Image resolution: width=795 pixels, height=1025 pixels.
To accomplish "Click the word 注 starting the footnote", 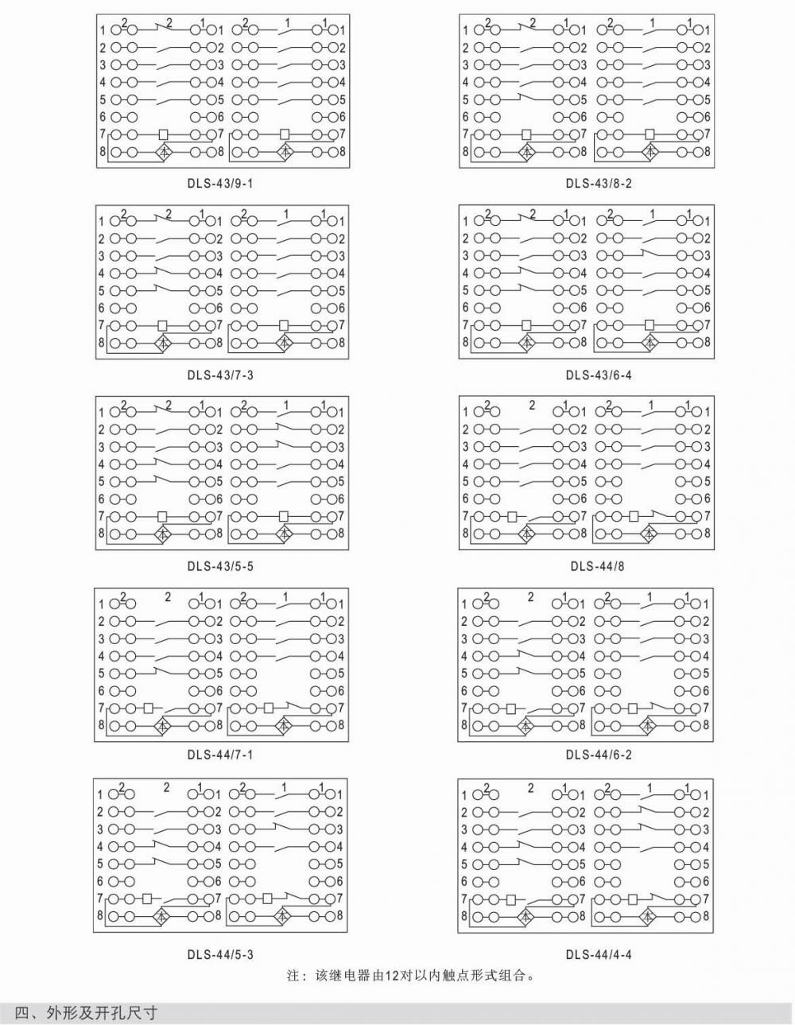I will point(292,975).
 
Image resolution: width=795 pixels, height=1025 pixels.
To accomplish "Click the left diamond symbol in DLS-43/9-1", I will point(163,151).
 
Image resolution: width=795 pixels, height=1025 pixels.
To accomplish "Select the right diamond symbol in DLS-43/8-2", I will point(650,151).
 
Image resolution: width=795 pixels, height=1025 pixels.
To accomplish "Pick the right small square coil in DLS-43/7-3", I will point(284,325).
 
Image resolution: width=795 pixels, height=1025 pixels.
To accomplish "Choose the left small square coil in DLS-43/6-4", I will point(525,325).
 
